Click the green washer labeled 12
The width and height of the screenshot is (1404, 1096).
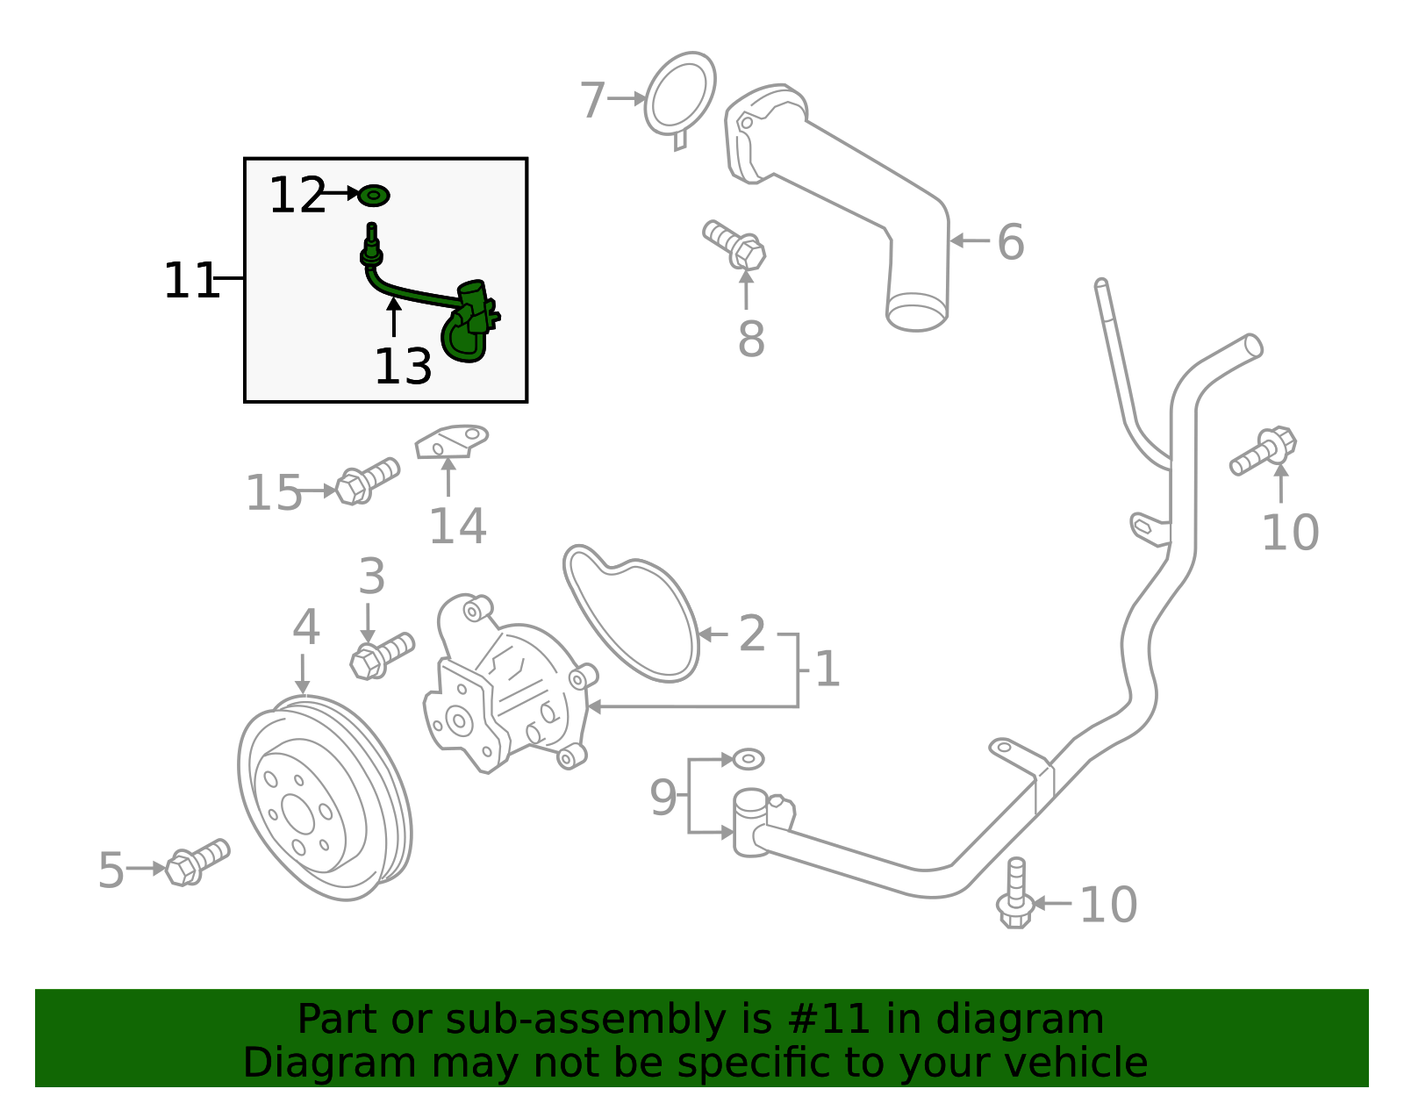coord(374,196)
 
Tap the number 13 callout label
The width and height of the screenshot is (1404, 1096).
coord(403,367)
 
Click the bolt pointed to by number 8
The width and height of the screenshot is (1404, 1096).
coord(735,243)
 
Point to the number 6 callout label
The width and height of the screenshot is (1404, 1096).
coord(1010,242)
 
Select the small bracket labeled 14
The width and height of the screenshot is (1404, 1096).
coord(451,441)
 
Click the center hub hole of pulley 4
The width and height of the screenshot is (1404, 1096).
coord(298,815)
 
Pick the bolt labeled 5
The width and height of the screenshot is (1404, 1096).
coord(197,862)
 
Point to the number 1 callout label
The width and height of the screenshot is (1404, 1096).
coord(827,670)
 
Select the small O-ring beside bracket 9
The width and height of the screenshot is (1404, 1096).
coord(749,759)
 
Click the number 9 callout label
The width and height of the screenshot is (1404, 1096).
coord(663,798)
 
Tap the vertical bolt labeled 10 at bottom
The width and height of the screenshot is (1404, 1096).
coord(1014,895)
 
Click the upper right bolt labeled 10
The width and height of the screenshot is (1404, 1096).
coord(1264,449)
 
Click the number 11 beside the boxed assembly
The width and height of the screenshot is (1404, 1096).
coord(190,282)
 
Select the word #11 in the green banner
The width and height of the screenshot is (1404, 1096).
coord(829,1020)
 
